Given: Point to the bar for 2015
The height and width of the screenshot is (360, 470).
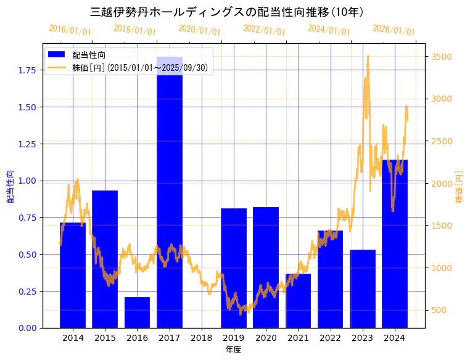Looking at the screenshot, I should (105, 259).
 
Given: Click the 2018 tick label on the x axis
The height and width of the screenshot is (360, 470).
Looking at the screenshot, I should (201, 338).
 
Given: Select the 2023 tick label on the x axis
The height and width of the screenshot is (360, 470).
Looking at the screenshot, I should (362, 338).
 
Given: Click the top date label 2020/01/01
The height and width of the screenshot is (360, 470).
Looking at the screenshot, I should (199, 30).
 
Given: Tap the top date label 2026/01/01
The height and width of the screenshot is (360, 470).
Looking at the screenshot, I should (394, 30).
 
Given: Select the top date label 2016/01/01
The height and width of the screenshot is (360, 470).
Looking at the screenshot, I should (70, 30).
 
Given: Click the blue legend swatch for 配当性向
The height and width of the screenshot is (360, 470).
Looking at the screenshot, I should (57, 55).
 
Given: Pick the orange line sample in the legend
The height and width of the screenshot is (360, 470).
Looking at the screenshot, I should (57, 67).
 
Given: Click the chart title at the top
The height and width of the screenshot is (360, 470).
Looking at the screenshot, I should (226, 12).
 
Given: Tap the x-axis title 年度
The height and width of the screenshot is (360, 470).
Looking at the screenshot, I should (233, 350).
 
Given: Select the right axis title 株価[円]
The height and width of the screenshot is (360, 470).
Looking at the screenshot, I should (459, 188).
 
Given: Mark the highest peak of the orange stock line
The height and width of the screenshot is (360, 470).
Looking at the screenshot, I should (368, 56).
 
